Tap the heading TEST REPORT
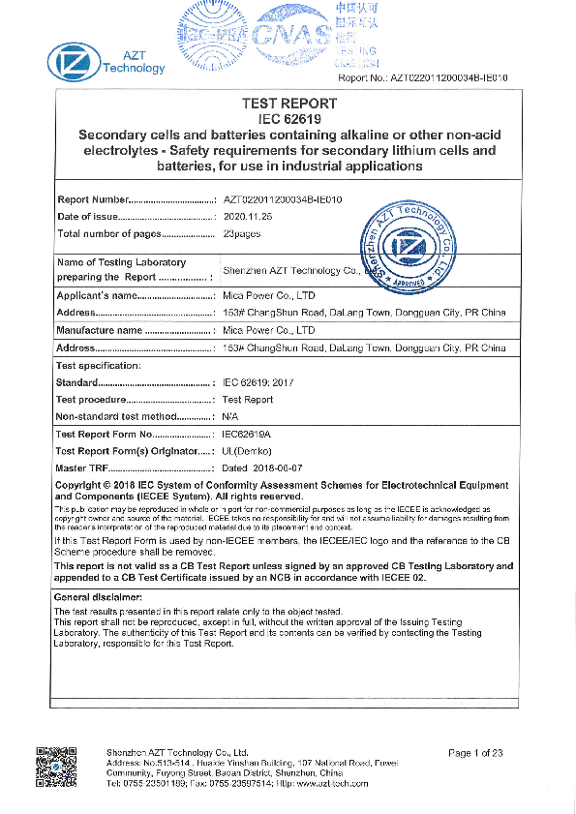click(288, 104)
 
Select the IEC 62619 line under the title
click(288, 118)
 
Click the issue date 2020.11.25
click(248, 216)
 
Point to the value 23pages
click(242, 233)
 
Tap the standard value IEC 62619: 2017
click(258, 383)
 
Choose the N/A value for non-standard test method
click(230, 416)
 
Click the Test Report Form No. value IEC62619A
click(247, 435)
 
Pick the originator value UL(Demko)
click(249, 451)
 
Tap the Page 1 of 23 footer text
click(475, 752)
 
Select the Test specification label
click(99, 365)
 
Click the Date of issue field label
click(87, 216)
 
